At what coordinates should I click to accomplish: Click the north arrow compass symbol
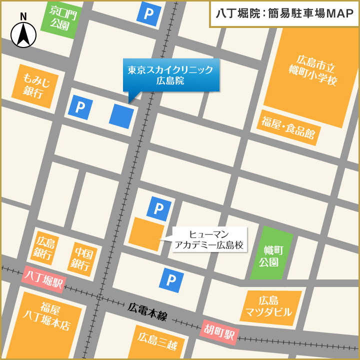(x=23, y=33)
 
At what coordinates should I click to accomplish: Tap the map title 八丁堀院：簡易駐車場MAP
(x=284, y=13)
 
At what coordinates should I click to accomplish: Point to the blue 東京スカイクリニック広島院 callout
(x=171, y=75)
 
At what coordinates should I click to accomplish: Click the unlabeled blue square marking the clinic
(x=121, y=116)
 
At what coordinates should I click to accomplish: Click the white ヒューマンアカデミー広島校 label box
(x=210, y=239)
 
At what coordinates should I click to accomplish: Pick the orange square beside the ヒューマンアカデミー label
(x=146, y=234)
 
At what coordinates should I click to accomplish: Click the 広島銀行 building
(x=44, y=248)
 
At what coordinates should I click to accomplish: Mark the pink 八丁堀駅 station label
(x=43, y=279)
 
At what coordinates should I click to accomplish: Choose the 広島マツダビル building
(x=268, y=306)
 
